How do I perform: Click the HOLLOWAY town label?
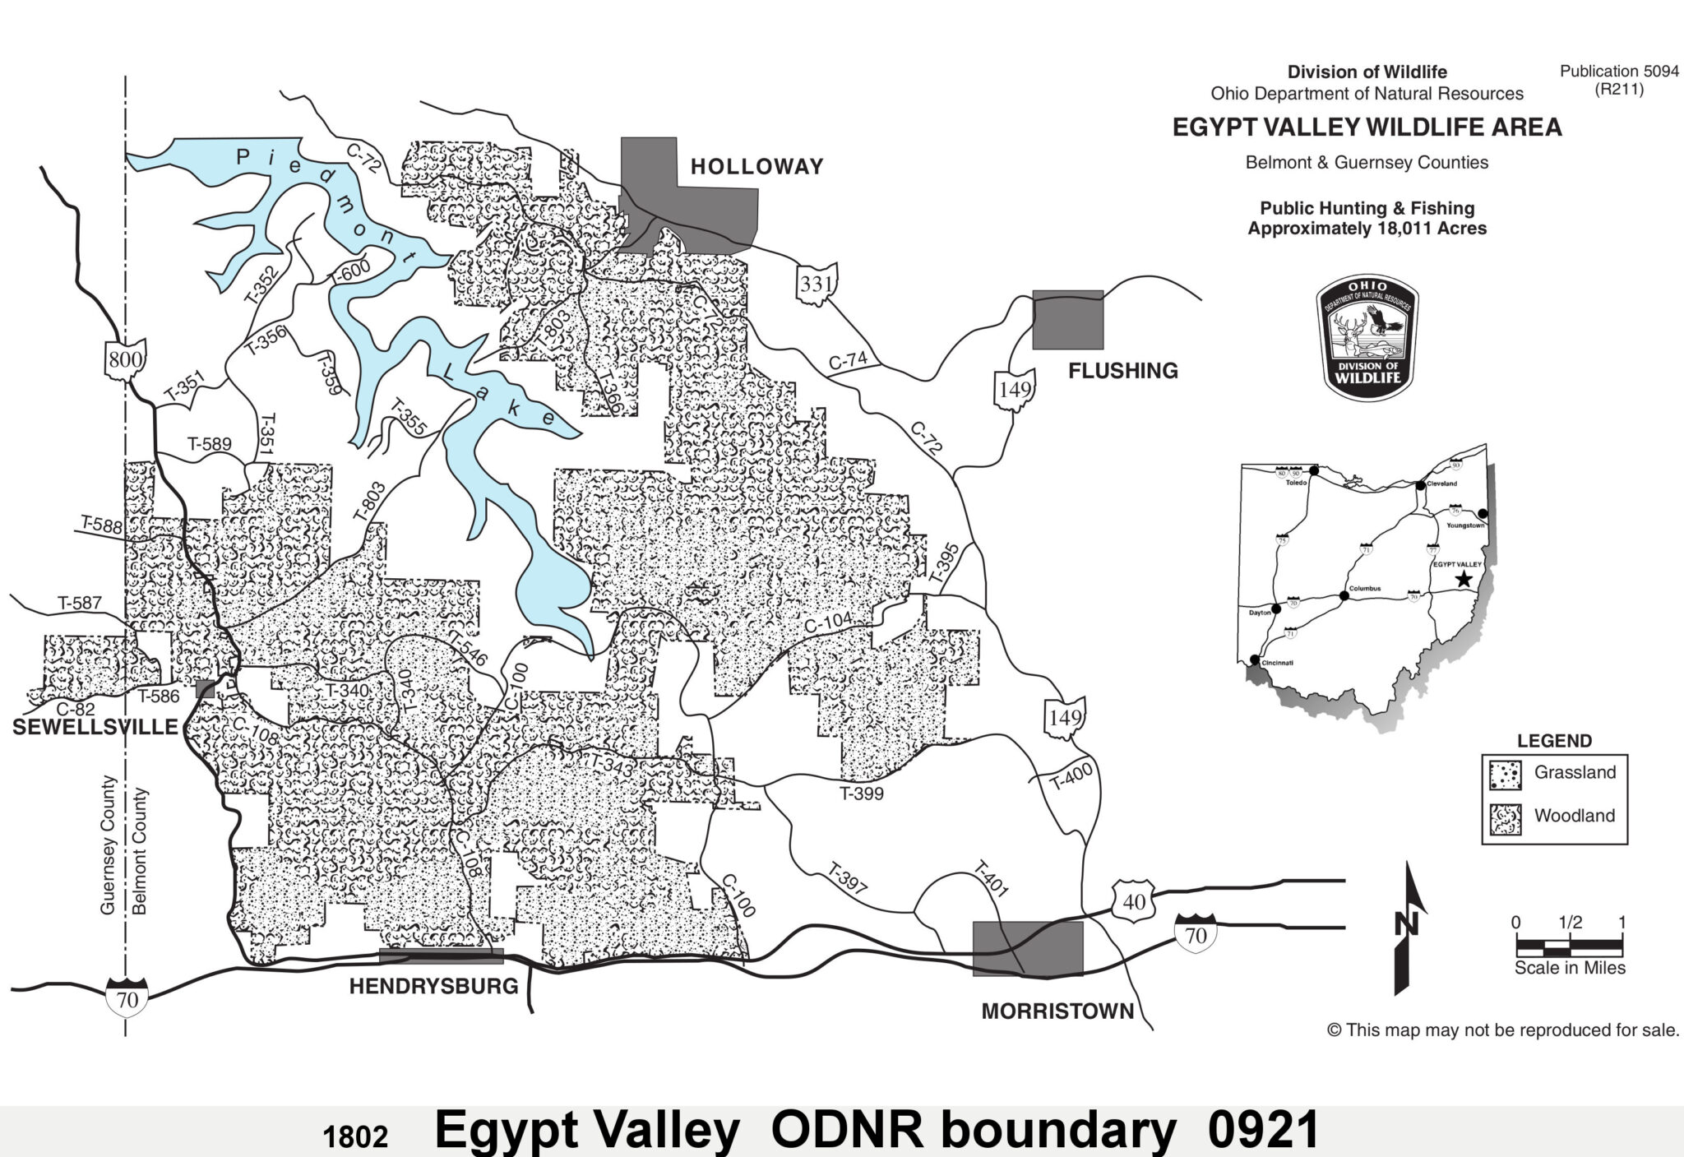pyautogui.click(x=756, y=167)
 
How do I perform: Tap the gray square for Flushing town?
pyautogui.click(x=1067, y=320)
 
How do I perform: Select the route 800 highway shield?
pyautogui.click(x=126, y=359)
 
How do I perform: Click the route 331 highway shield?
pyautogui.click(x=817, y=285)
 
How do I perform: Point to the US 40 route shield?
pyautogui.click(x=1134, y=901)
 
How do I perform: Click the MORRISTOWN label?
pyautogui.click(x=1057, y=1011)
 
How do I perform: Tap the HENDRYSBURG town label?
pyautogui.click(x=433, y=986)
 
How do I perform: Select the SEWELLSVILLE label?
pyautogui.click(x=95, y=727)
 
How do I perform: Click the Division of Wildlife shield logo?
pyautogui.click(x=1367, y=338)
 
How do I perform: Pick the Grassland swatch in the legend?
pyautogui.click(x=1505, y=774)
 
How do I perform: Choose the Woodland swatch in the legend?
pyautogui.click(x=1505, y=818)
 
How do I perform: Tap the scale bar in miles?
pyautogui.click(x=1569, y=947)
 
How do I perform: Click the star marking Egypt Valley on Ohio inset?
pyautogui.click(x=1464, y=580)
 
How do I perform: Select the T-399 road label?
pyautogui.click(x=861, y=794)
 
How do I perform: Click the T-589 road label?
pyautogui.click(x=210, y=444)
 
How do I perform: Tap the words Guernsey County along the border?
pyautogui.click(x=108, y=845)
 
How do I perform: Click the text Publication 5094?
pyautogui.click(x=1619, y=72)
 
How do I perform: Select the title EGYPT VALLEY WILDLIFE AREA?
pyautogui.click(x=1367, y=127)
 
